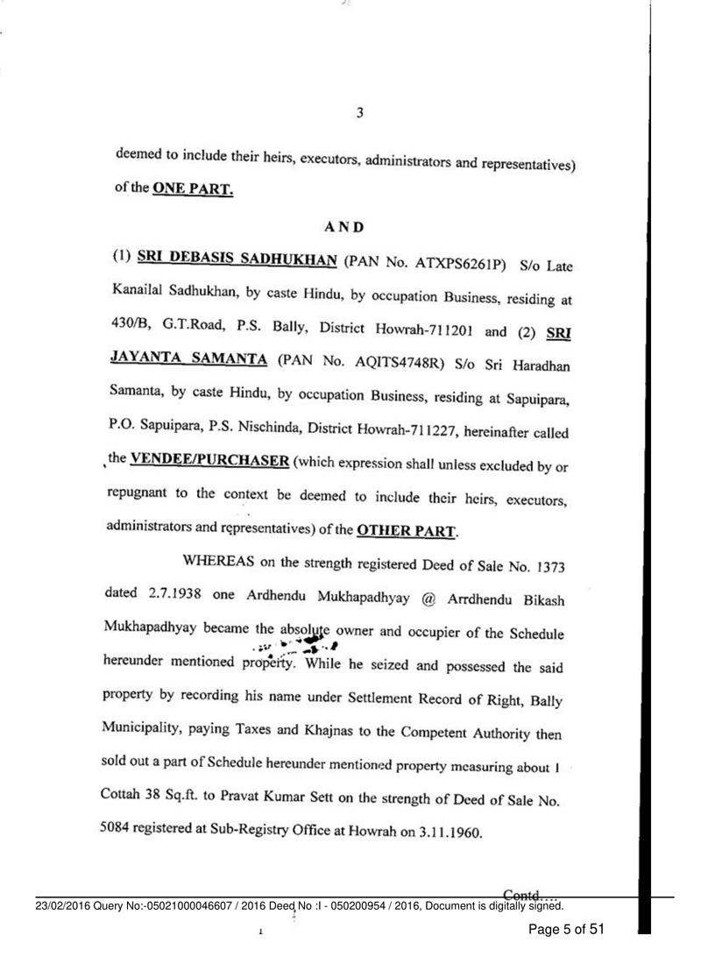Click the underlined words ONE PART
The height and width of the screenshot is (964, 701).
click(193, 188)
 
